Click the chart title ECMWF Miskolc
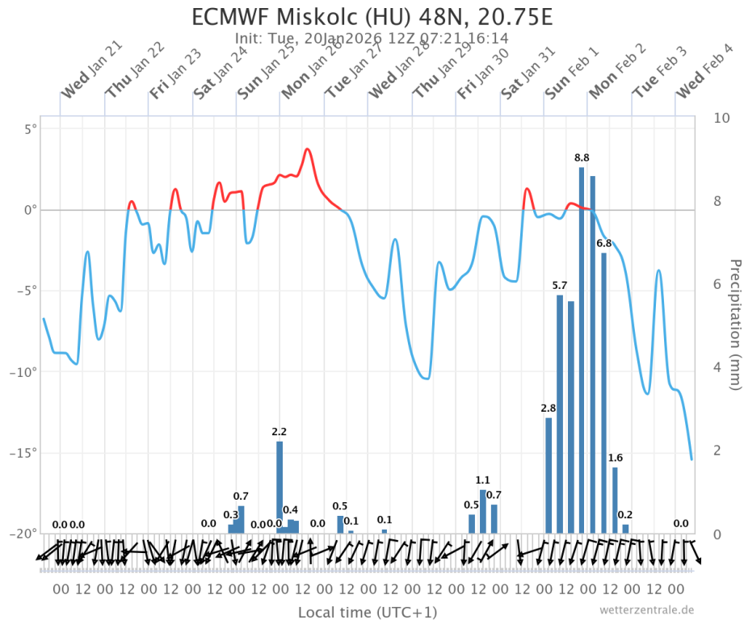372,17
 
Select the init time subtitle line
372,38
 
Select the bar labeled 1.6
615,501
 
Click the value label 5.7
560,286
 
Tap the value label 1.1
483,480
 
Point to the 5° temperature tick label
29,128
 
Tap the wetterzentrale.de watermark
646,610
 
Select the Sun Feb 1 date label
572,71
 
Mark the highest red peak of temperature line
308,149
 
